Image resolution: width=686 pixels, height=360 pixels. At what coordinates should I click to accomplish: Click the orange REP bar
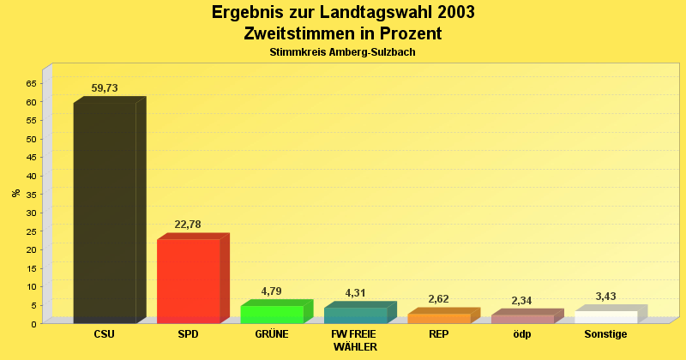438,318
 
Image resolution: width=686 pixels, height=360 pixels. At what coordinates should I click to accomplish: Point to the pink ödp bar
522,319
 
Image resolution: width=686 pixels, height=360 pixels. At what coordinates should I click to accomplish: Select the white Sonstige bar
605,316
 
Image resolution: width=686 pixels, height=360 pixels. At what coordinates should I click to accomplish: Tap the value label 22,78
188,225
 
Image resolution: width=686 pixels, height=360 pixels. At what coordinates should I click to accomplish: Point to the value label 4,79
271,291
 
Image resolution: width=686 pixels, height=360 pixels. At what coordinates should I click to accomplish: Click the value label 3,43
605,297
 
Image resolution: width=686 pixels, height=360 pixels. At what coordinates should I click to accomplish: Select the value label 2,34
522,301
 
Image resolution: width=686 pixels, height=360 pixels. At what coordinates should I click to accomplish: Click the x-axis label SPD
188,334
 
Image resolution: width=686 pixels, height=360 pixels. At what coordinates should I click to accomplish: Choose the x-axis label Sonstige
605,334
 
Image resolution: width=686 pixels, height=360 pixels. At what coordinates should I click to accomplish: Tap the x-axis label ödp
522,334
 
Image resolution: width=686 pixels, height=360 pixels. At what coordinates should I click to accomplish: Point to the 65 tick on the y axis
31,83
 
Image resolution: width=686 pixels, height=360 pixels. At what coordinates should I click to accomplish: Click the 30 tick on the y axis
31,213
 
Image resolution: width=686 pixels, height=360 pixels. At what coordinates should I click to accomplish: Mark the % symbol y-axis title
15,193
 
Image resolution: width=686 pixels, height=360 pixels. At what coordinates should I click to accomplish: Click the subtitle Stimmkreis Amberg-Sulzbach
342,52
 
